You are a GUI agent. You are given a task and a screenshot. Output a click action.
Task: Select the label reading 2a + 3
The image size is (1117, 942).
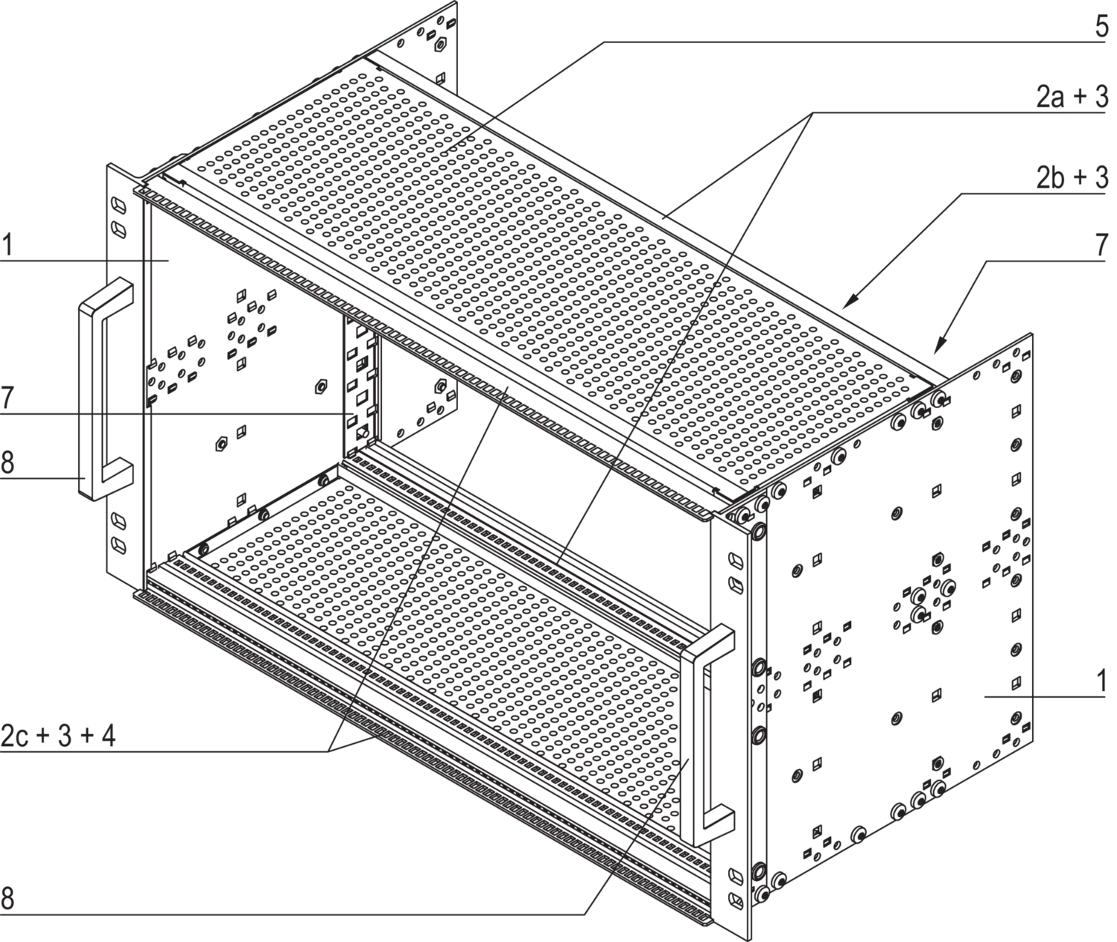[x=1072, y=98]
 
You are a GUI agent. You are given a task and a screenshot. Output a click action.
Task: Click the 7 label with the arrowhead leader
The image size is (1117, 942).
[x=1101, y=246]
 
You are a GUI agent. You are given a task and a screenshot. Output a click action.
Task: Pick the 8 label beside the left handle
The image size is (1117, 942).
[x=7, y=462]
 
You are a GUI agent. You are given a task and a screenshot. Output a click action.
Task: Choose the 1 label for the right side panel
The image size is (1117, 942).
[x=1101, y=681]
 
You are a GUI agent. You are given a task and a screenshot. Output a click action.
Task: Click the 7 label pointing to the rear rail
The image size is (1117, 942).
[x=7, y=398]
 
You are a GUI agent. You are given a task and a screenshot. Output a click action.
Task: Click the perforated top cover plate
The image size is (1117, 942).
[x=535, y=279]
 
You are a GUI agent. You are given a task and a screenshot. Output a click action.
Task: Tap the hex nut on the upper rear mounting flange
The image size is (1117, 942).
[x=440, y=45]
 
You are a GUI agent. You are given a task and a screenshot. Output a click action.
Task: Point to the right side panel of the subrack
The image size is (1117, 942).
[x=899, y=615]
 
